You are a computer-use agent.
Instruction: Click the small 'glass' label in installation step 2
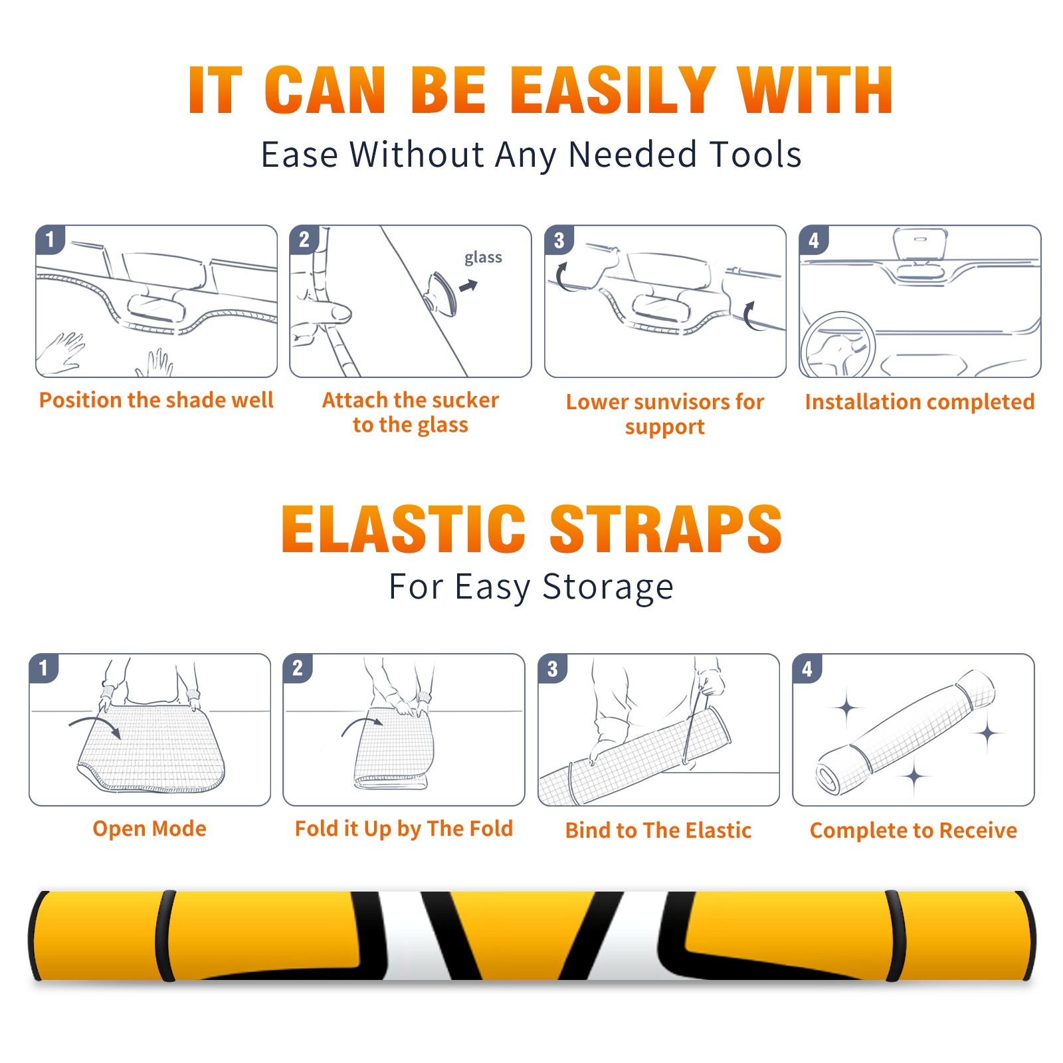pos(483,258)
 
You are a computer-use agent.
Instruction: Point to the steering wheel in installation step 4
pos(838,345)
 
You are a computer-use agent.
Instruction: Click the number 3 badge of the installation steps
pos(559,240)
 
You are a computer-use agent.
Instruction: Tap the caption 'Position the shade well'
pos(156,400)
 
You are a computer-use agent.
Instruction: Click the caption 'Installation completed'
pos(919,402)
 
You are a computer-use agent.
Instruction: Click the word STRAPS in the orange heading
pos(666,529)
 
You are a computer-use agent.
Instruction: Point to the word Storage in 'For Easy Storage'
pos(608,587)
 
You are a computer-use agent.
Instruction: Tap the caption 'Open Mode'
pos(149,828)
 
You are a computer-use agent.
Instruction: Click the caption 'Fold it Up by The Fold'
pos(404,829)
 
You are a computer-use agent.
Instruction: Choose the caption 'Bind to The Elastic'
pos(658,830)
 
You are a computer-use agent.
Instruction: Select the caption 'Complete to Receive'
pos(914,830)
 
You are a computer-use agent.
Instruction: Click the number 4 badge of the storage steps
pos(807,668)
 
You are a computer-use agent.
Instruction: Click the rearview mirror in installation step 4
pos(920,243)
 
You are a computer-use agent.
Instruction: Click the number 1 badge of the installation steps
pos(50,240)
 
